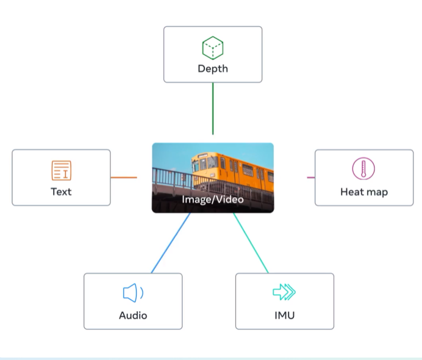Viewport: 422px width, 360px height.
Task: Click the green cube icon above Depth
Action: point(213,47)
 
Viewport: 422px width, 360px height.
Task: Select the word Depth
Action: point(213,68)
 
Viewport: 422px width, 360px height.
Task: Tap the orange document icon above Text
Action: point(61,170)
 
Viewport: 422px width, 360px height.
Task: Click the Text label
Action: point(61,192)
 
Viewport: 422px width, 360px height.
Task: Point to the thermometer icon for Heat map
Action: point(363,168)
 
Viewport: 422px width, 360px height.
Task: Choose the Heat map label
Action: point(364,192)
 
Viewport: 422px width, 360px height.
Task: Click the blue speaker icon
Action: point(132,293)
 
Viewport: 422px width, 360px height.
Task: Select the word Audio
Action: point(133,315)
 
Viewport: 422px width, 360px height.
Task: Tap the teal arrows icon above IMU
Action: point(284,293)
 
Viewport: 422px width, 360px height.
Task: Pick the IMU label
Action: point(285,315)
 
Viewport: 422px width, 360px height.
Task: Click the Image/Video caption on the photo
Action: point(213,200)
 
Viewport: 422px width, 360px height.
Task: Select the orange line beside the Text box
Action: point(124,178)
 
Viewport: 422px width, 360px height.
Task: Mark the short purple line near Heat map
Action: point(310,178)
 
